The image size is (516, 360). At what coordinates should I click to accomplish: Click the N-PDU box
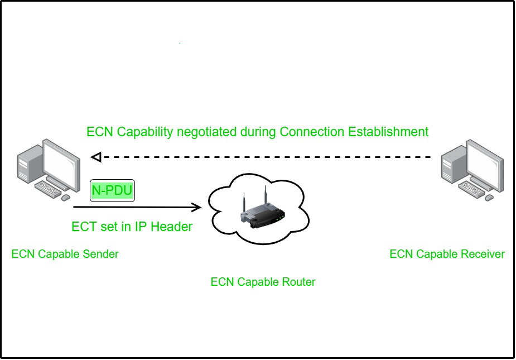(112, 191)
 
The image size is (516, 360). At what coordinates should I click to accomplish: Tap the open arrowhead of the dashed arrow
(96, 157)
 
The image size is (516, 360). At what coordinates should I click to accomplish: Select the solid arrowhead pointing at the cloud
(196, 208)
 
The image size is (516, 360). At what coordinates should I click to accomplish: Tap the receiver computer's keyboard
(471, 189)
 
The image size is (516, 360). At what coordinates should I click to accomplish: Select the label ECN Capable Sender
(65, 255)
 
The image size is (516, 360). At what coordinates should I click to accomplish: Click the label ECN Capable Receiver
(447, 255)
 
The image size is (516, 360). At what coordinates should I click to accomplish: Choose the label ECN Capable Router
(263, 282)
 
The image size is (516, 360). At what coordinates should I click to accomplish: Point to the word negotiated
(206, 132)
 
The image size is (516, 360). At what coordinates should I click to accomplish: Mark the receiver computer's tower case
(451, 164)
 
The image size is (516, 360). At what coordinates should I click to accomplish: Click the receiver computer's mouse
(489, 198)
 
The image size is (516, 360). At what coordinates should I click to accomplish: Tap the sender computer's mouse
(66, 198)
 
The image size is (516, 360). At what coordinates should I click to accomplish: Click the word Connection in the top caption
(312, 132)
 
